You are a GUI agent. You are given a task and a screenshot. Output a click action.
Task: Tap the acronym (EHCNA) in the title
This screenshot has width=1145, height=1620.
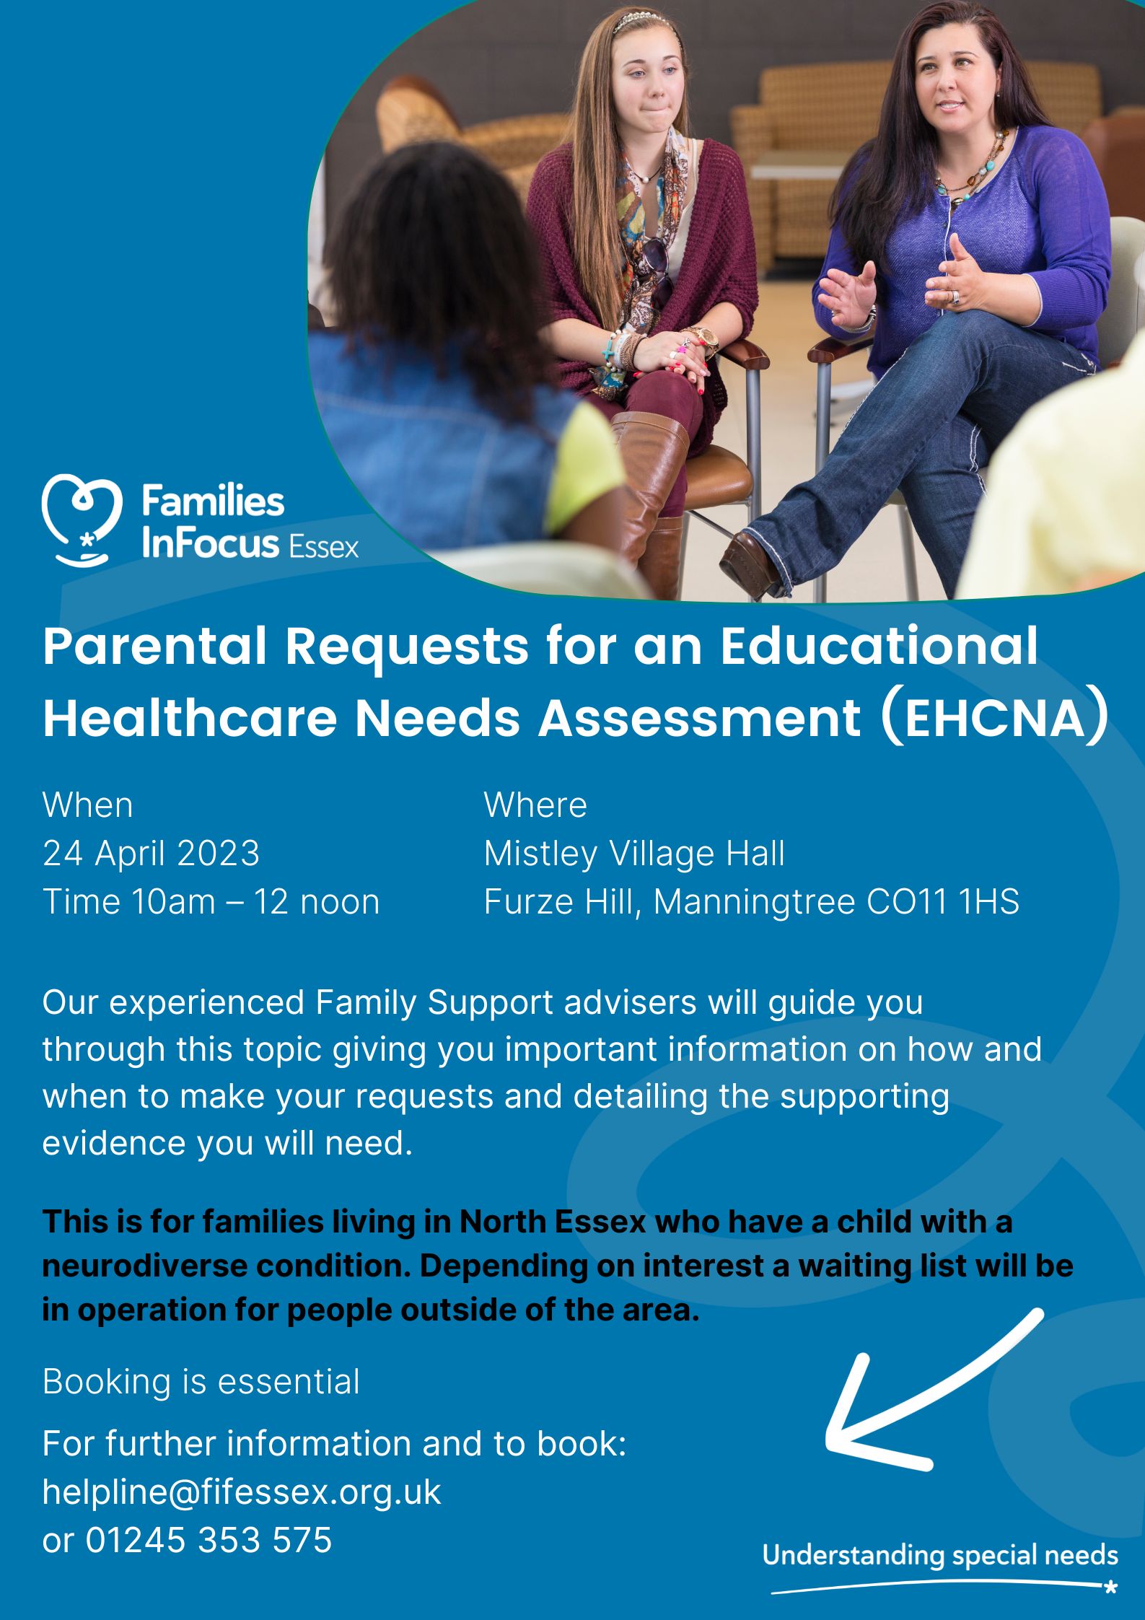pos(994,718)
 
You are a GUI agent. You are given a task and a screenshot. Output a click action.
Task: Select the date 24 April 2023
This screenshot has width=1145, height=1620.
pos(151,853)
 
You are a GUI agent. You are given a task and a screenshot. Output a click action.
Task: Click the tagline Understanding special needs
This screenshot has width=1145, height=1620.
pos(940,1555)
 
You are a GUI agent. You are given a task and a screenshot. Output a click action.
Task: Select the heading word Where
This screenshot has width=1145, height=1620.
pos(535,805)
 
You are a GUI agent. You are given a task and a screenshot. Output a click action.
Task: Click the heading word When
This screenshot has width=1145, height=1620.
pos(88,805)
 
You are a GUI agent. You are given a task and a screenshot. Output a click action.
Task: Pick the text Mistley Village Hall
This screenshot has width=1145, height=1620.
pos(634,853)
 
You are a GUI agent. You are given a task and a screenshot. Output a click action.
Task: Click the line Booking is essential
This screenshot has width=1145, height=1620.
pos(201,1382)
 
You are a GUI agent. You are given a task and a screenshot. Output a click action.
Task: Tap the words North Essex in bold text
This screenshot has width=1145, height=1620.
pos(553,1222)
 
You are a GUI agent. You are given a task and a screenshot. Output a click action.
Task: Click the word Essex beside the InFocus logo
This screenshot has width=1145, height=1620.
pos(323,548)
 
